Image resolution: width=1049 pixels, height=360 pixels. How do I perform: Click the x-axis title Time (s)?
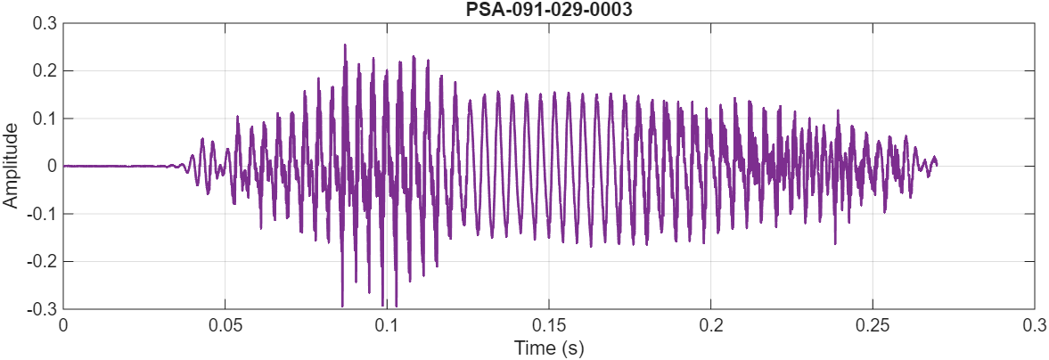click(x=549, y=348)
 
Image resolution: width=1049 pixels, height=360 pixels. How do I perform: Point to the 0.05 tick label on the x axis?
click(x=225, y=325)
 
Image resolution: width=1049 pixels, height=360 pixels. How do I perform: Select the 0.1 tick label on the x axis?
click(x=387, y=325)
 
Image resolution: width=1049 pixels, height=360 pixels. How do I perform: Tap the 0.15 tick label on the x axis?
click(x=549, y=325)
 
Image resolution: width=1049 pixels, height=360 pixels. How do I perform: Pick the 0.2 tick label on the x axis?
click(x=710, y=325)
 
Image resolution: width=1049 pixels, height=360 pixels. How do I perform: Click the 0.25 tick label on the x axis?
click(x=873, y=325)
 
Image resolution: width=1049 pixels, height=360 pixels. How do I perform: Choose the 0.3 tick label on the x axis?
click(x=1034, y=325)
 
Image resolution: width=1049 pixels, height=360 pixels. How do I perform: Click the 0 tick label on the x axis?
click(x=63, y=325)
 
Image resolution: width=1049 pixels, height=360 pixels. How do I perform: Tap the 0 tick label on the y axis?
click(x=52, y=166)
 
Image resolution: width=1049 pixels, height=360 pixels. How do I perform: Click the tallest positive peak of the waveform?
click(x=344, y=45)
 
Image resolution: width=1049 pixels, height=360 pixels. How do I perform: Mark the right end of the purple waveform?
click(x=936, y=164)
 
